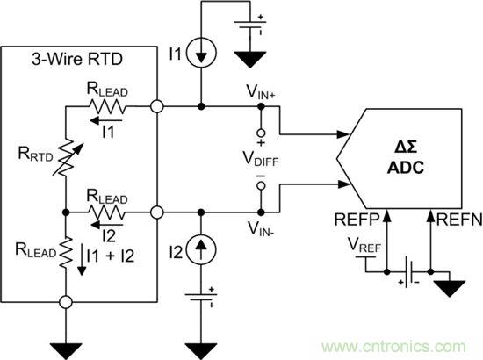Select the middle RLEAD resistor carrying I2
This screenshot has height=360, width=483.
pos(108,212)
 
